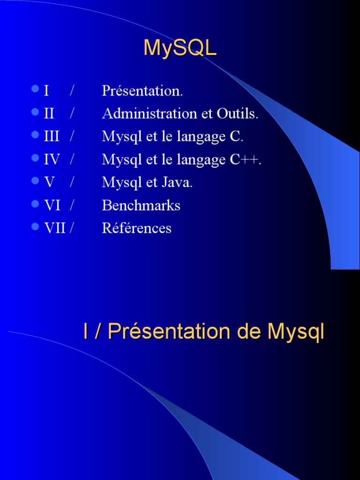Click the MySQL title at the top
click(180, 48)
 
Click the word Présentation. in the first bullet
click(142, 91)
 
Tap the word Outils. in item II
click(237, 114)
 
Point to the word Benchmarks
click(141, 205)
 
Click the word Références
click(137, 228)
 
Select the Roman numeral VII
click(55, 228)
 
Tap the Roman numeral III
click(52, 137)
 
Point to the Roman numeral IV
click(52, 160)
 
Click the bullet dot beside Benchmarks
click(35, 204)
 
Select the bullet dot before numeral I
click(35, 89)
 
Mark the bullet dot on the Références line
click(35, 227)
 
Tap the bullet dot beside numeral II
click(35, 112)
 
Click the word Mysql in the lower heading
click(296, 333)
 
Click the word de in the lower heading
click(250, 332)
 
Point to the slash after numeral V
click(72, 182)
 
